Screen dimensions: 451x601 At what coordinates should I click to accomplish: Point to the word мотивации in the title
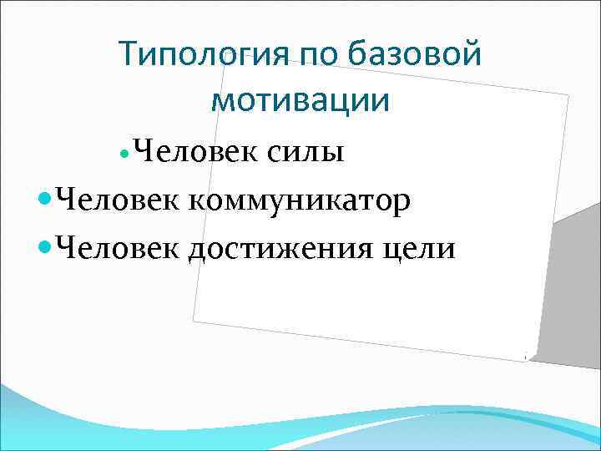[x=300, y=100]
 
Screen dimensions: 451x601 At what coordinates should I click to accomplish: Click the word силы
[x=306, y=153]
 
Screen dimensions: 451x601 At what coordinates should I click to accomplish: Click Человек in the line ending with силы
[x=196, y=153]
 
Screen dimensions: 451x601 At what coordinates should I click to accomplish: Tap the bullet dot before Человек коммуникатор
[x=45, y=202]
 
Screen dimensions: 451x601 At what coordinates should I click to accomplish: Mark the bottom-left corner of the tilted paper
[x=193, y=320]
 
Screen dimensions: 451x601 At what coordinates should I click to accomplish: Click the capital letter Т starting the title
[x=127, y=55]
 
